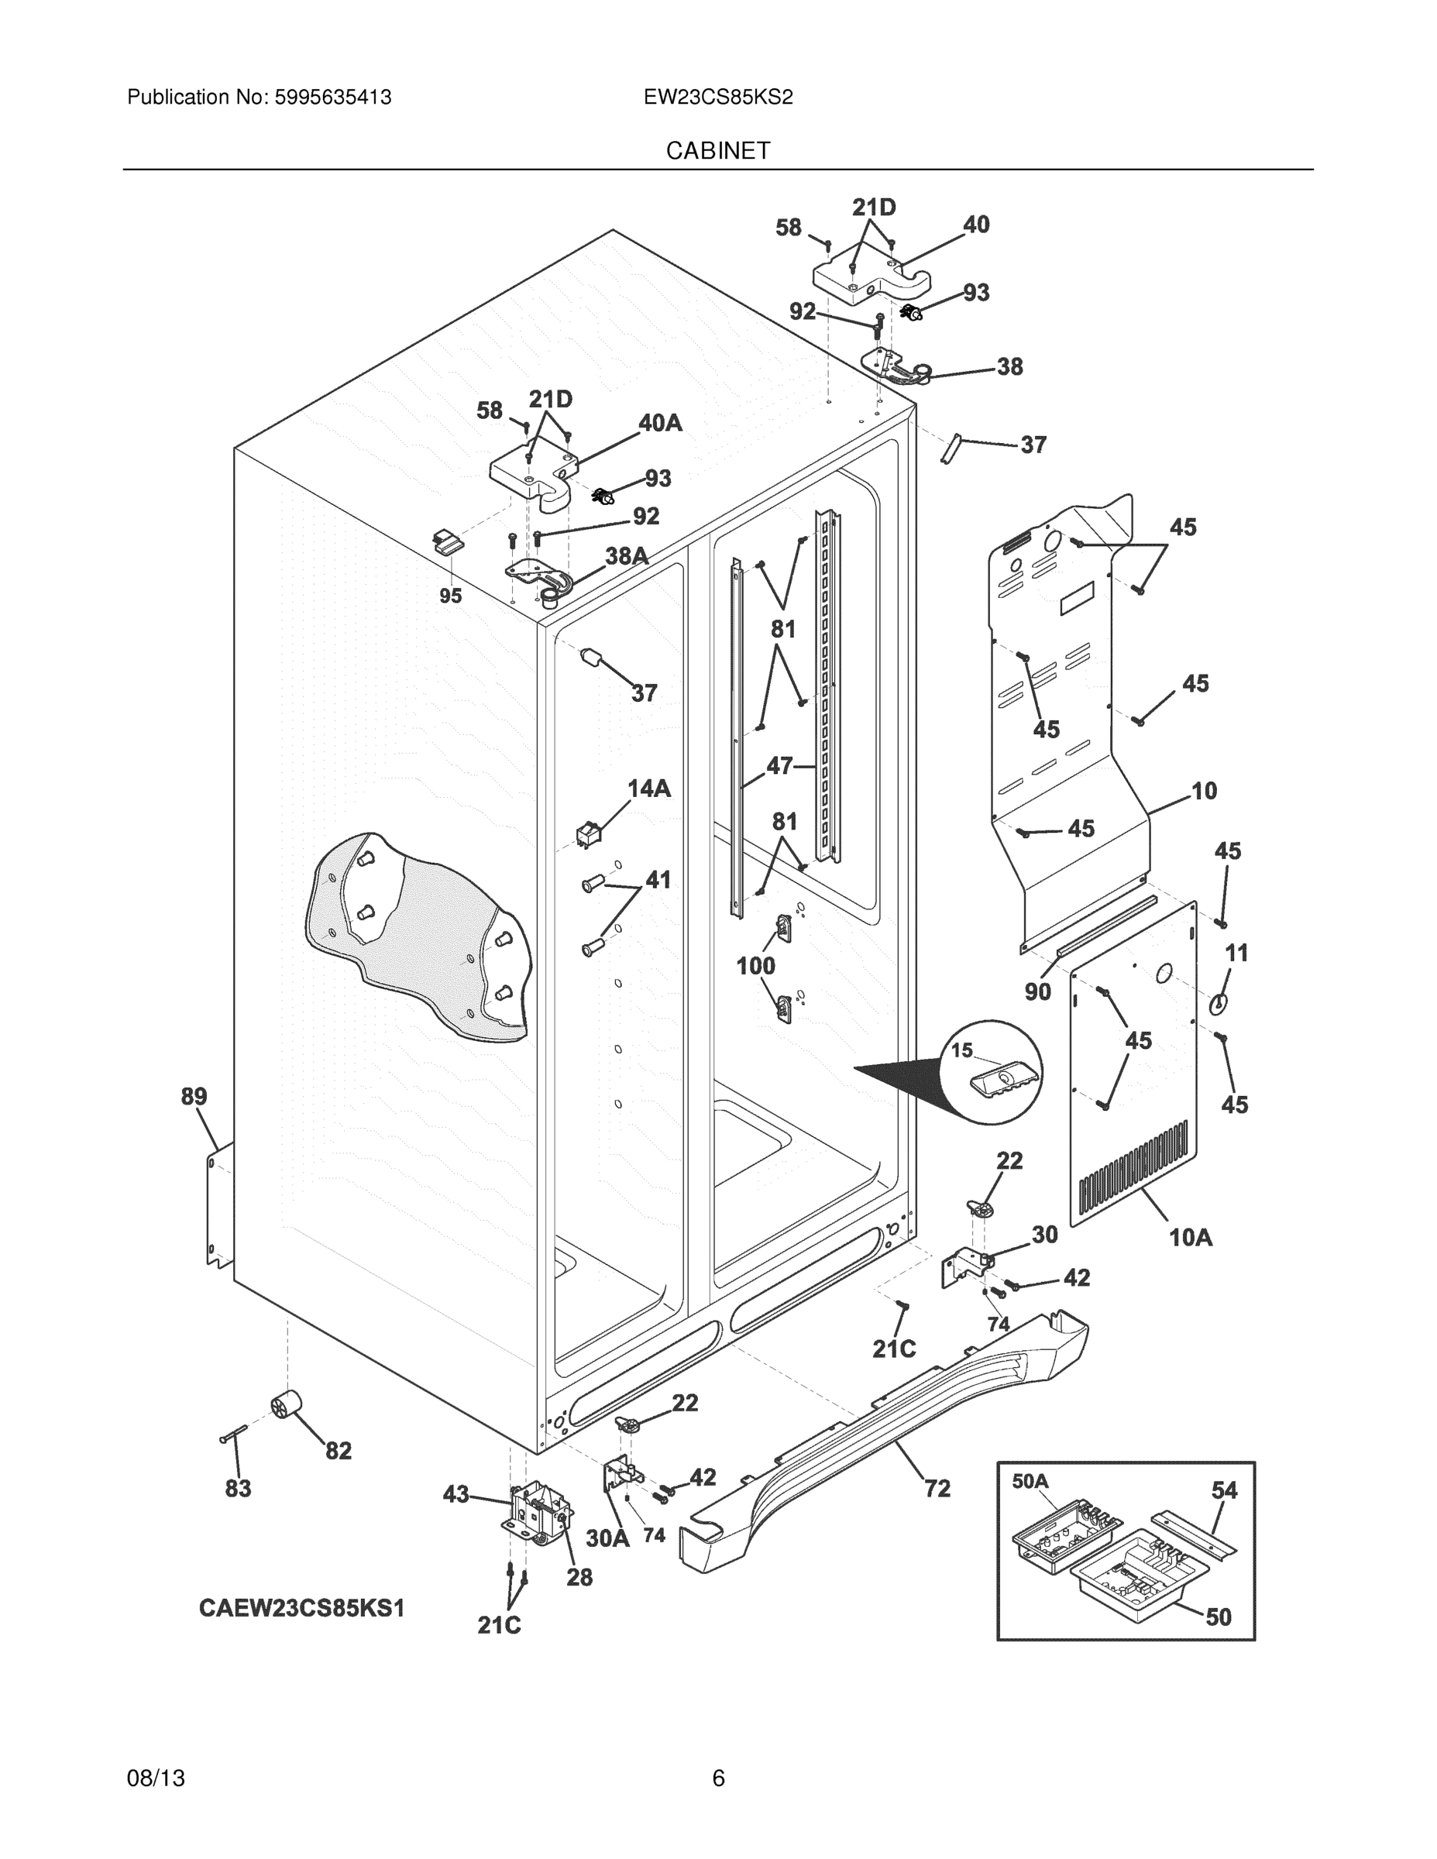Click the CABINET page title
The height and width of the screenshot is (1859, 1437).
point(717,151)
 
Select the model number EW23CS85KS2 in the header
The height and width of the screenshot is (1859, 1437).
point(717,97)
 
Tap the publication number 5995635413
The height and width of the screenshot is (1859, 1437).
point(333,97)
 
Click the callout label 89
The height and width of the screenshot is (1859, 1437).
point(194,1096)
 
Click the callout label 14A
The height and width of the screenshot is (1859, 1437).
point(648,789)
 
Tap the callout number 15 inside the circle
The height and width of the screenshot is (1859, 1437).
point(961,1050)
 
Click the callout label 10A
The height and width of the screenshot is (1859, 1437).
point(1190,1238)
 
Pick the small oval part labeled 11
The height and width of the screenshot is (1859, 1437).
point(1219,1004)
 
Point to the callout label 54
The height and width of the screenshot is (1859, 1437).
point(1224,1490)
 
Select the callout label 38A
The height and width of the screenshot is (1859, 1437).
point(627,557)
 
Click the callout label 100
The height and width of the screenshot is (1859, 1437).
point(756,965)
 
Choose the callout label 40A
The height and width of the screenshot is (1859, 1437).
point(660,423)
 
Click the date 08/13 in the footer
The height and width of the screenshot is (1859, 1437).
point(156,1778)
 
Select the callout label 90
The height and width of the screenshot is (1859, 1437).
point(1038,991)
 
